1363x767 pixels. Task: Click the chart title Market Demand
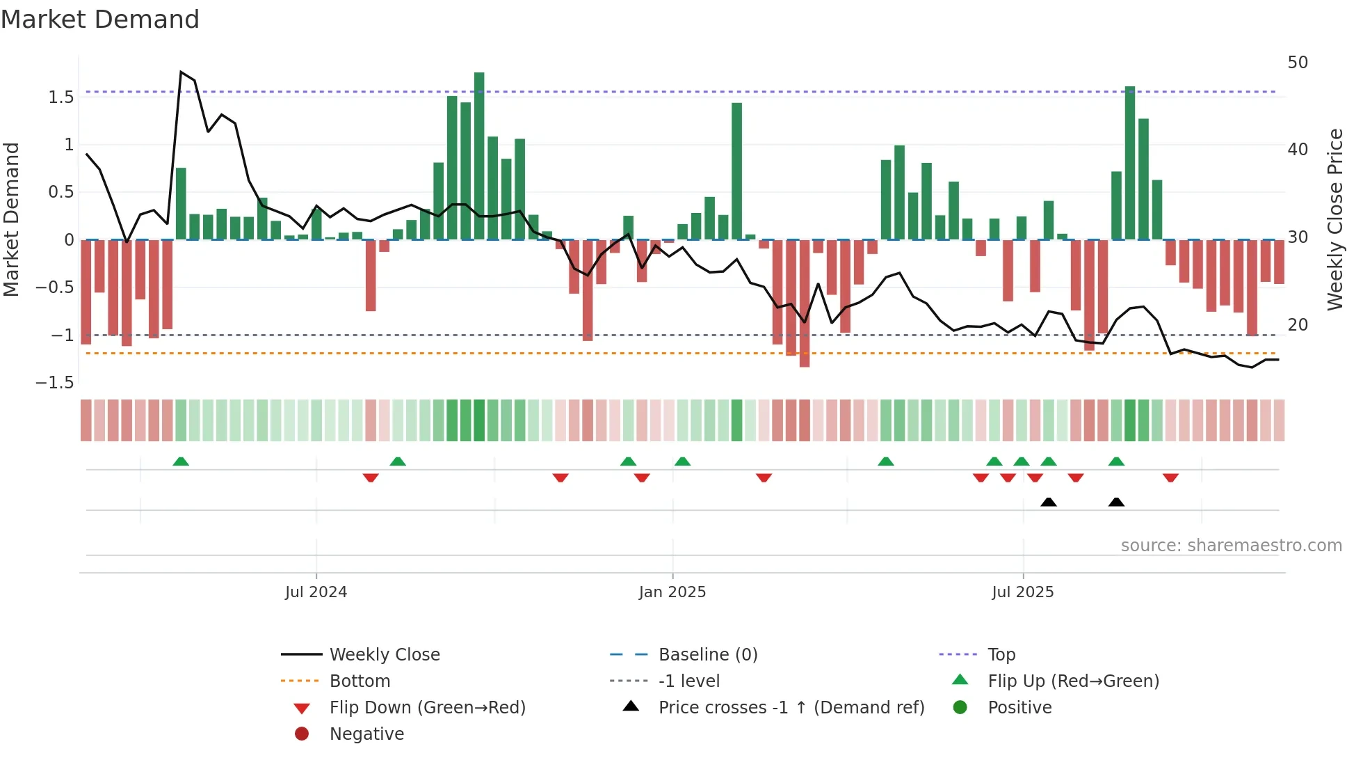point(100,19)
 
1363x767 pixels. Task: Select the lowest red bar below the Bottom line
point(805,303)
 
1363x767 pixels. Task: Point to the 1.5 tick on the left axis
point(61,97)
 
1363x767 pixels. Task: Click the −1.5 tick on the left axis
point(55,383)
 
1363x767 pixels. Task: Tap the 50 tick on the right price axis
point(1298,63)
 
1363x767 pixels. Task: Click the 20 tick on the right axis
point(1298,325)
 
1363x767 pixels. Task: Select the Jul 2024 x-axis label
point(316,592)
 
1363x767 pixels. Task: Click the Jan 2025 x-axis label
point(672,592)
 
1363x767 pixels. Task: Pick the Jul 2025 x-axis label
point(1023,592)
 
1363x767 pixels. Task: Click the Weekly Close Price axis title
point(1334,219)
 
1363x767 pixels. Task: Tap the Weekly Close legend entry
point(384,655)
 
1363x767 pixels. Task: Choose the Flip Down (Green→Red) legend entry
point(427,708)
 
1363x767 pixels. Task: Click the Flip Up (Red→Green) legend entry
point(1073,681)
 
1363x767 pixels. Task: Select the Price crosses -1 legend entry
point(791,708)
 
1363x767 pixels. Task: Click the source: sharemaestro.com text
point(1231,546)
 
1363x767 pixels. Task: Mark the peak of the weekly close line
point(181,72)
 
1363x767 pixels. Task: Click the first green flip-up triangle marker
point(181,461)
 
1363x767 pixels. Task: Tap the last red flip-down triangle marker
point(1170,477)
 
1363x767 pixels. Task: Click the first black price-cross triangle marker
point(1049,502)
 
